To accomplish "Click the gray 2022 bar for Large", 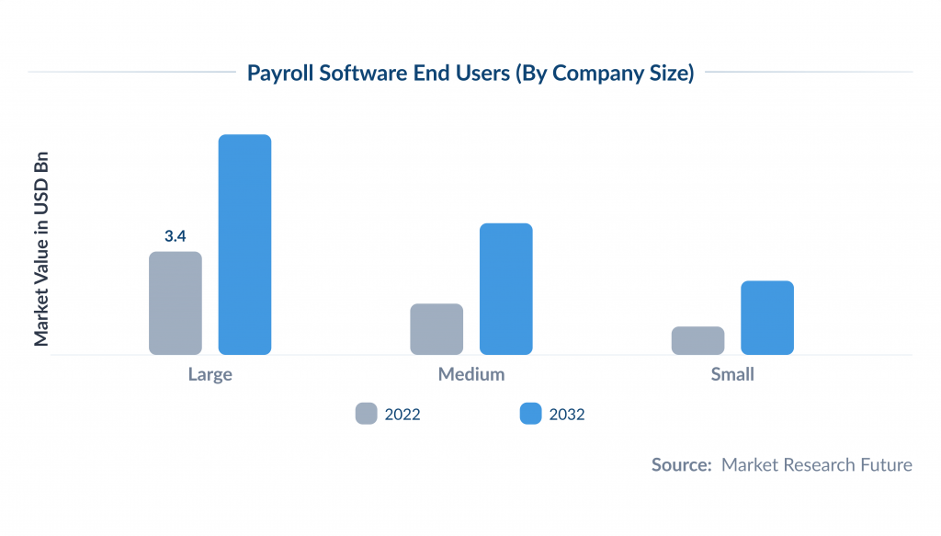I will pos(175,302).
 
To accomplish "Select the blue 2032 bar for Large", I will pos(244,245).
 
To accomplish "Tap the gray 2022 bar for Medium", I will pos(436,328).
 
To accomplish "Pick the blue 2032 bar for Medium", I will pos(506,289).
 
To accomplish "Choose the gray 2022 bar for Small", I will pos(697,340).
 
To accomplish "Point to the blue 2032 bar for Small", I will pos(767,317).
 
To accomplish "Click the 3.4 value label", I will pos(175,236).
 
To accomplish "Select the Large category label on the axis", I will pos(210,374).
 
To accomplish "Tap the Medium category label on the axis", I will pos(471,374).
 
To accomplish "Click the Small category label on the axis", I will pos(732,374).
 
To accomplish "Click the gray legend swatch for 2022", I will pos(367,414).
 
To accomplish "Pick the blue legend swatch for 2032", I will pos(530,414).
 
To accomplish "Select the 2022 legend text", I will pos(402,415).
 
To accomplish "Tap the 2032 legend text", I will pos(567,415).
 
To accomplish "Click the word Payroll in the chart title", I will pos(280,74).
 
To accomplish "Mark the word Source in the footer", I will pos(681,465).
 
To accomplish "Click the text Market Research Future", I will pos(816,465).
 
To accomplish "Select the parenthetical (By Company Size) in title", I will pos(603,74).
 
